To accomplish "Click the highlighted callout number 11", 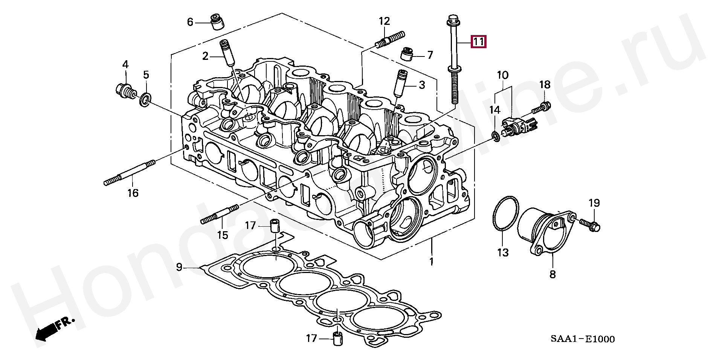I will click(x=478, y=42).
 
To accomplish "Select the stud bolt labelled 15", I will click(x=220, y=214).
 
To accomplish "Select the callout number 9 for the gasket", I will click(x=179, y=267).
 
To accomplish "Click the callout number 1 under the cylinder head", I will click(x=432, y=261).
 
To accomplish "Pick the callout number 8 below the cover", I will click(x=552, y=274).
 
